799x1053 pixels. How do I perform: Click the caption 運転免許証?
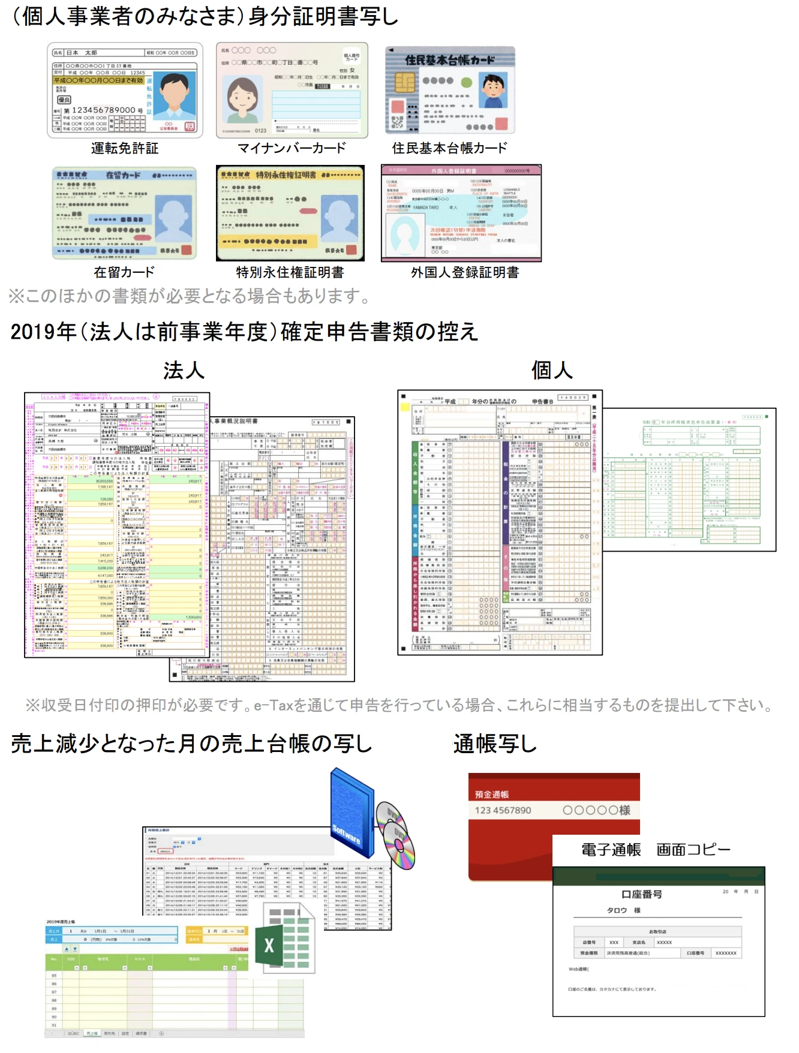tap(125, 148)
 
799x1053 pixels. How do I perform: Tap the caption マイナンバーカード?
tap(292, 148)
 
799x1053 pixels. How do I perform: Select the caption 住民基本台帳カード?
tap(449, 148)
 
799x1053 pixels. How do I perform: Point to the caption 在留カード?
tap(124, 272)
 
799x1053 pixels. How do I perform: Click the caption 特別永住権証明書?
tap(290, 272)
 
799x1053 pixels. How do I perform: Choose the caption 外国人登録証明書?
tap(465, 272)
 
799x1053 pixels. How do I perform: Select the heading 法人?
tap(184, 371)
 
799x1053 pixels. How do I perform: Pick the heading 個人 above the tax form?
tap(552, 371)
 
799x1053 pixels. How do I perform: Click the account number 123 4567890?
tap(503, 810)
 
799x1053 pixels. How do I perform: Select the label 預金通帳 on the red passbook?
tap(492, 795)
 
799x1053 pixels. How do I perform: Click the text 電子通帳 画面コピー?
tap(656, 850)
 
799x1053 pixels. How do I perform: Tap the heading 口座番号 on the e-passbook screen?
tap(641, 894)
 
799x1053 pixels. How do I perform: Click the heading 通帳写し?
tap(495, 744)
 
